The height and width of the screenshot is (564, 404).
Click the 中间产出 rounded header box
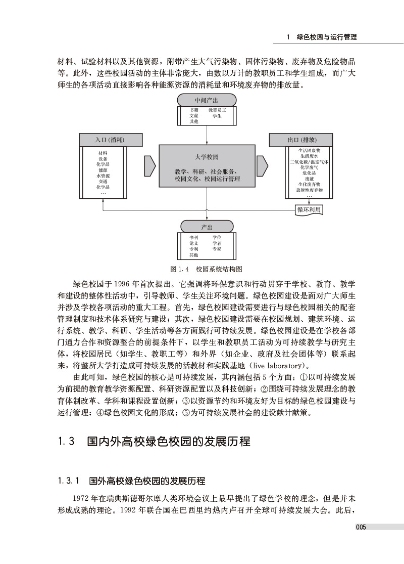207,99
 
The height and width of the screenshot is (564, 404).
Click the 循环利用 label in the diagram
309,209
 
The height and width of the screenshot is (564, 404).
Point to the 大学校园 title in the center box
207,157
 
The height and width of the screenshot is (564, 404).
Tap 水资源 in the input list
103,176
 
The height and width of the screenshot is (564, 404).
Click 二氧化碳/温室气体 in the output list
309,162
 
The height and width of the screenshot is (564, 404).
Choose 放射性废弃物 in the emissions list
309,190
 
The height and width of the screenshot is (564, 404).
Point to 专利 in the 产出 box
194,249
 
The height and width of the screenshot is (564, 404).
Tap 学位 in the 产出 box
217,237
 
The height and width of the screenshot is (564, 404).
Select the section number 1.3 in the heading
67,441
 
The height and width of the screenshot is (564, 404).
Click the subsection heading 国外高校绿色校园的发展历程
146,480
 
